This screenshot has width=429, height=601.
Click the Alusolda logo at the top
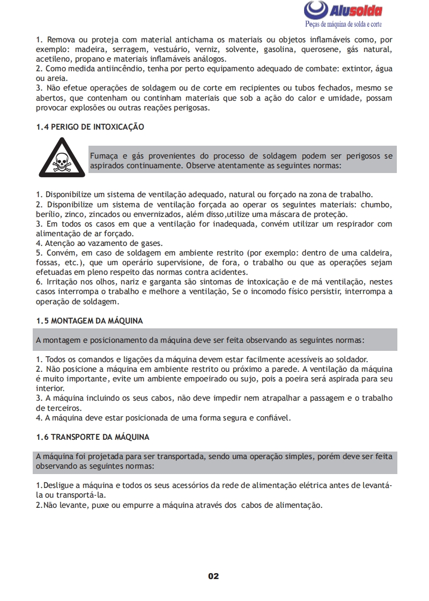coord(343,10)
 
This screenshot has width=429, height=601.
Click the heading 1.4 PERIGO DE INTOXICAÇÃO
coord(90,127)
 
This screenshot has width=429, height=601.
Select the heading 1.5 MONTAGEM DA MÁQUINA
coord(90,321)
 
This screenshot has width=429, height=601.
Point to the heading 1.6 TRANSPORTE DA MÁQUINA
coord(93,437)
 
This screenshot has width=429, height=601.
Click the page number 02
coord(213,576)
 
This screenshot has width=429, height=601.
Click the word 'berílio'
coord(47,214)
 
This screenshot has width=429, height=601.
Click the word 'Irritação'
coord(63,282)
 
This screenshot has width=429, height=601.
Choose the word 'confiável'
coord(273,418)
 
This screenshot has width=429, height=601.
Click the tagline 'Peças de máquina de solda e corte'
coord(344,24)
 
